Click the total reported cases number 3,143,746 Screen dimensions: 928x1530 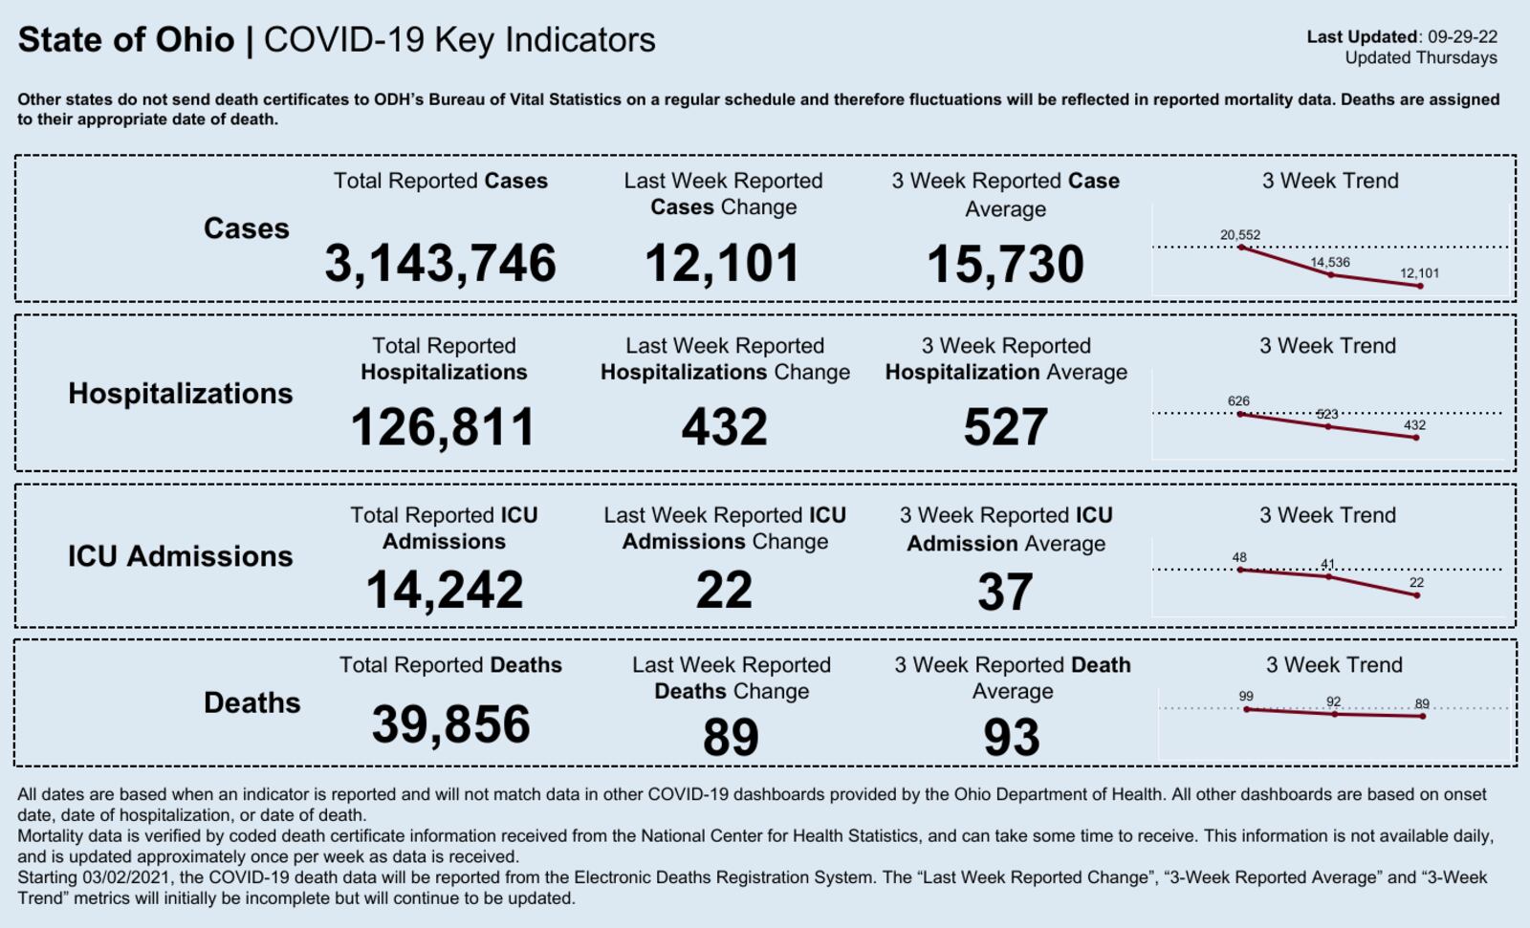point(440,263)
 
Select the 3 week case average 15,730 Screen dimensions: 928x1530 point(1005,264)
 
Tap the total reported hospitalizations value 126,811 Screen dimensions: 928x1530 point(443,426)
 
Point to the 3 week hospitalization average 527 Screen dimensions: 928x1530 point(1005,426)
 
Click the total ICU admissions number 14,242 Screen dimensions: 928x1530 point(444,589)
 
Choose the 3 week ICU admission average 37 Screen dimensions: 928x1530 point(1005,592)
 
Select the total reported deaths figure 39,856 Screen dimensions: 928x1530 point(450,723)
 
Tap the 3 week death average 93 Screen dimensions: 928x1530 point(1011,737)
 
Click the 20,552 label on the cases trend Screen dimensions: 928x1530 point(1239,234)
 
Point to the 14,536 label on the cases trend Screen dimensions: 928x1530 point(1329,262)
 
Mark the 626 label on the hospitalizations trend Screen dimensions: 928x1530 point(1238,400)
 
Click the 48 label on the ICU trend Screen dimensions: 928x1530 point(1239,557)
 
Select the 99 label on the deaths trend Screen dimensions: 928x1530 point(1245,696)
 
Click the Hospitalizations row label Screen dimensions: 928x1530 point(180,393)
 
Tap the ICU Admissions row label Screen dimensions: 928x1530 point(180,555)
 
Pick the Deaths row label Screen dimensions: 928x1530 point(251,702)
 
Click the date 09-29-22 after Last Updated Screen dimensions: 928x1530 point(1462,37)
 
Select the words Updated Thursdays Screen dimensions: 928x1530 point(1420,57)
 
